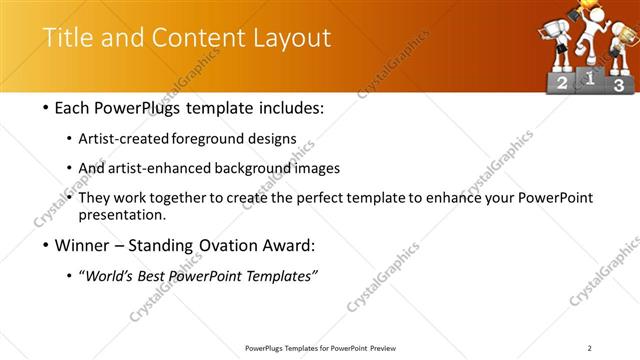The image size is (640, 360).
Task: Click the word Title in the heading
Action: (x=69, y=39)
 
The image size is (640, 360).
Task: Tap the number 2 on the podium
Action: (x=562, y=85)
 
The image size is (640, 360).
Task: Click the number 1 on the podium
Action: (x=590, y=77)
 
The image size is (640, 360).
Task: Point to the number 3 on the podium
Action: (x=619, y=86)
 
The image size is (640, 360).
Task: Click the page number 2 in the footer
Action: (x=590, y=347)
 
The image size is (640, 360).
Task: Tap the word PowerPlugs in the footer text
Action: (x=268, y=347)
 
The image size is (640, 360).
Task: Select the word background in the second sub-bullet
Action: (x=245, y=168)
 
